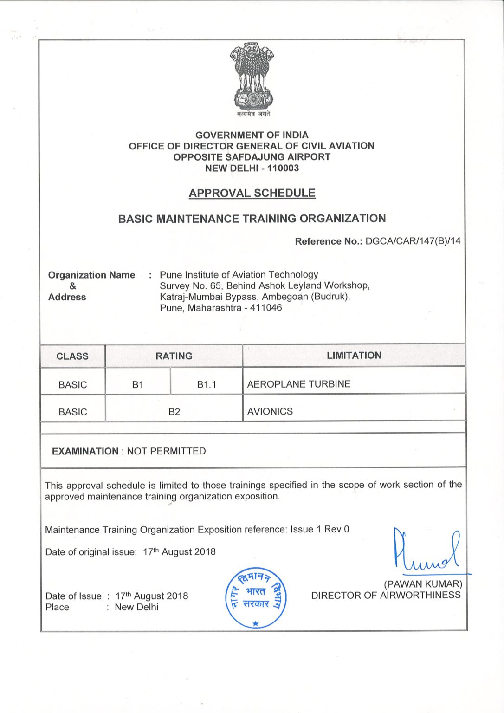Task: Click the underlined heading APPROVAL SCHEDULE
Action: [252, 193]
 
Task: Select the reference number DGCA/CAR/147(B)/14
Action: [413, 241]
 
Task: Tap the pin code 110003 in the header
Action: [283, 169]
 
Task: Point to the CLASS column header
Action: [72, 356]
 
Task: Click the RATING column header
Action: [174, 356]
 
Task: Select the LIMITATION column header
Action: [354, 356]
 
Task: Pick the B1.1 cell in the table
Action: [207, 384]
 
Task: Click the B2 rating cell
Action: [174, 412]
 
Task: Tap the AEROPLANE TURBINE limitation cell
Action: [298, 384]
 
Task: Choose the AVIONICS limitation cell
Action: [270, 411]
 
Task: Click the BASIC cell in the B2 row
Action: [72, 412]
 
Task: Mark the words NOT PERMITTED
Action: [166, 451]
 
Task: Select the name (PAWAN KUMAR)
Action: [423, 584]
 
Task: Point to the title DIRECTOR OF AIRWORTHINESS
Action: [386, 595]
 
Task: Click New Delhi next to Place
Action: [136, 607]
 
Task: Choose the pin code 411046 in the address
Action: [266, 308]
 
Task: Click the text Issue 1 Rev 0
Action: [320, 529]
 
